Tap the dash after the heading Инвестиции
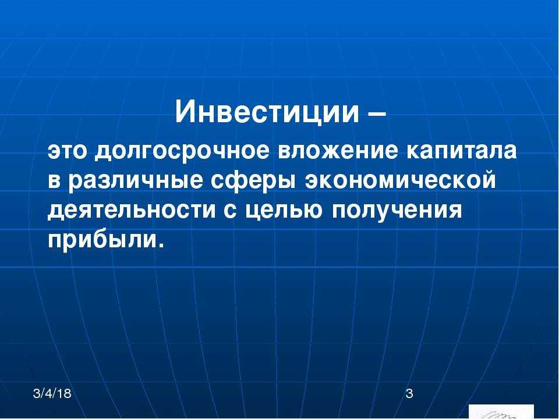[377, 114]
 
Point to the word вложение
[338, 151]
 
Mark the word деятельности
[132, 211]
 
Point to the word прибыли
[101, 240]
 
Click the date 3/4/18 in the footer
[52, 393]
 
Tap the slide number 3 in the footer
[409, 393]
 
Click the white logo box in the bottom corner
[501, 411]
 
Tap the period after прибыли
[161, 246]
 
